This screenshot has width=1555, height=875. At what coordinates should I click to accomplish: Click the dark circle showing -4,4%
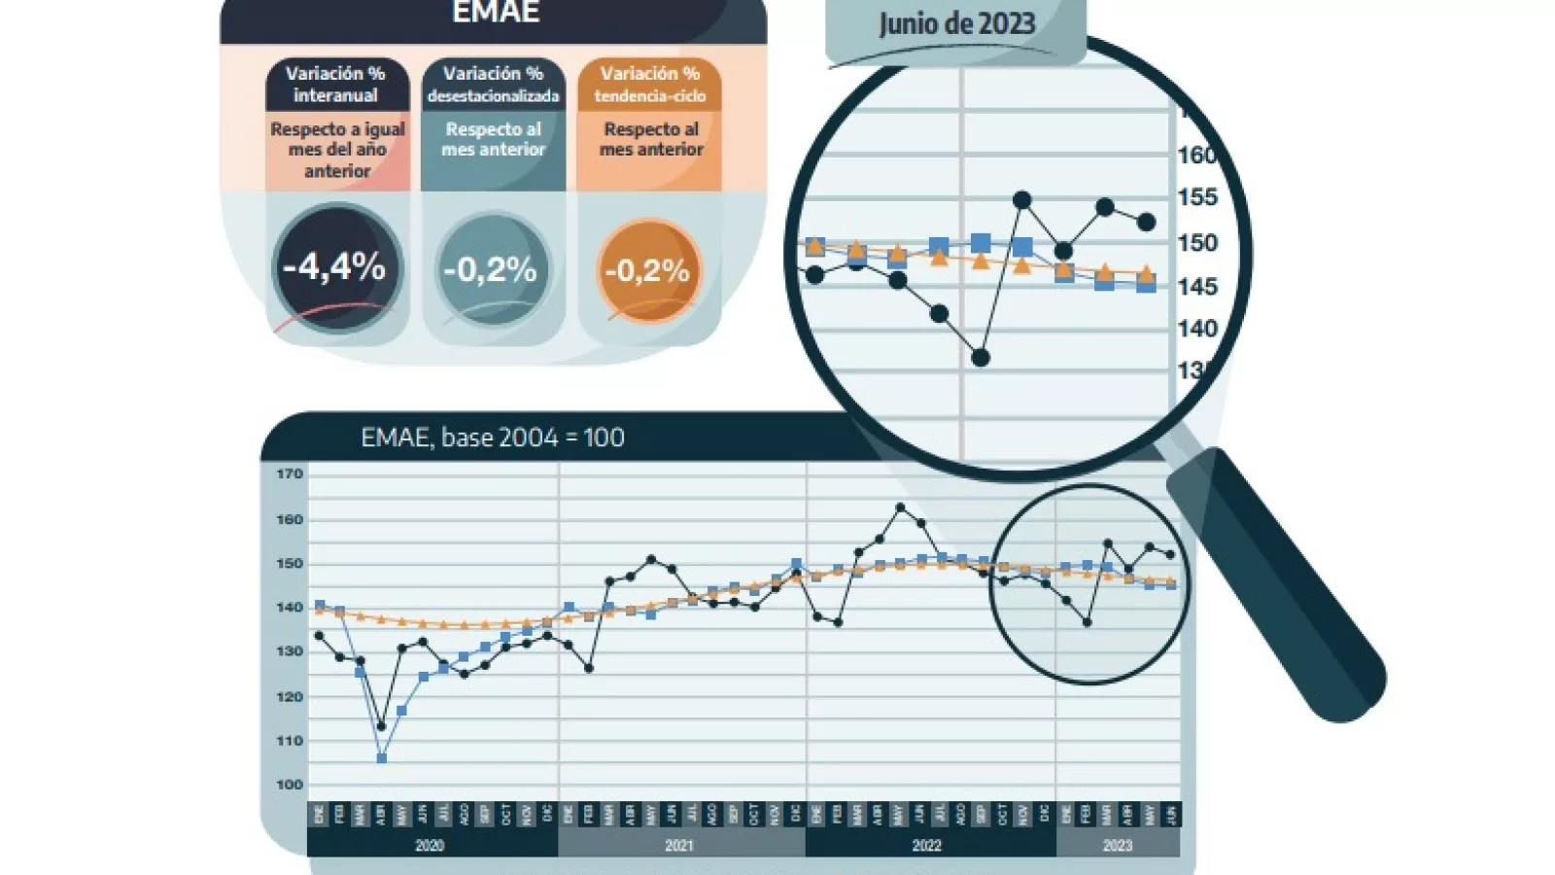[x=335, y=267]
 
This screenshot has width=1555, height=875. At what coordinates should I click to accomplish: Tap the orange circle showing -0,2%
[x=647, y=270]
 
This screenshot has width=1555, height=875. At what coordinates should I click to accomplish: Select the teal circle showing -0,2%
[x=491, y=269]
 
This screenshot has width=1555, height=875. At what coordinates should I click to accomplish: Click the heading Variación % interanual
[x=335, y=85]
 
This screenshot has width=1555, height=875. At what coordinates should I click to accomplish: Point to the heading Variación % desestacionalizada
[x=493, y=85]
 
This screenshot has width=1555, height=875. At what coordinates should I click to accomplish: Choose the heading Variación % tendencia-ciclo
[x=649, y=85]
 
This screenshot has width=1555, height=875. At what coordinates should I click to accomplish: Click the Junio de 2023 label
[x=956, y=24]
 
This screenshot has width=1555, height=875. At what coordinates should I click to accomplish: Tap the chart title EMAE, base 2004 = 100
[x=493, y=437]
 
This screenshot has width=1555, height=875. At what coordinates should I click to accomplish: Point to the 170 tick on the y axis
[x=290, y=474]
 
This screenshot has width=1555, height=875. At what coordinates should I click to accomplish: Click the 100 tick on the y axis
[x=290, y=785]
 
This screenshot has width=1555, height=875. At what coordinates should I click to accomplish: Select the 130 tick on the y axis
[x=290, y=651]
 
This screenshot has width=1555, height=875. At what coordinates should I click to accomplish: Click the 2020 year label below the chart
[x=430, y=846]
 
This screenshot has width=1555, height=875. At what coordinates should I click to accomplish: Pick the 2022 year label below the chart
[x=926, y=846]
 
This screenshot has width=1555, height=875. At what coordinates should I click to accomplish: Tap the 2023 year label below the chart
[x=1118, y=846]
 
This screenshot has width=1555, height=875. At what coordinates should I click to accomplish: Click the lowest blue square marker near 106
[x=381, y=758]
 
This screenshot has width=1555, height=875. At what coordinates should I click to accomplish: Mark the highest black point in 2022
[x=900, y=507]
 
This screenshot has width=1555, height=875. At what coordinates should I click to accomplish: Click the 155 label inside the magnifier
[x=1196, y=197]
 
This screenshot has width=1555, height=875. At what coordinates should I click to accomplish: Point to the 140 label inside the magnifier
[x=1196, y=329]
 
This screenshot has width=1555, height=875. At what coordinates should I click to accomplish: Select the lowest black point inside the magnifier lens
[x=981, y=359]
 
